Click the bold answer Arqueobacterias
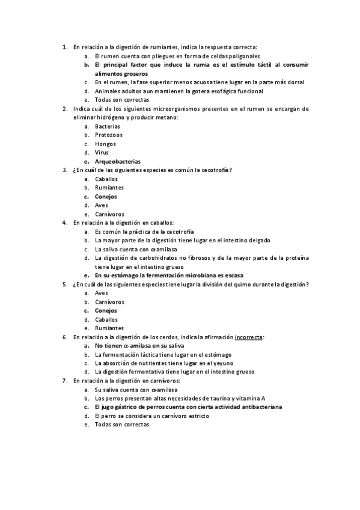[x=118, y=161]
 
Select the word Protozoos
[x=109, y=135]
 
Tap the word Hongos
[x=106, y=144]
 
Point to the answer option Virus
[x=102, y=153]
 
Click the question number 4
[x=64, y=223]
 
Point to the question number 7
[x=64, y=381]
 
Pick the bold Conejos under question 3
[x=106, y=197]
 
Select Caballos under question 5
[x=106, y=319]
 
